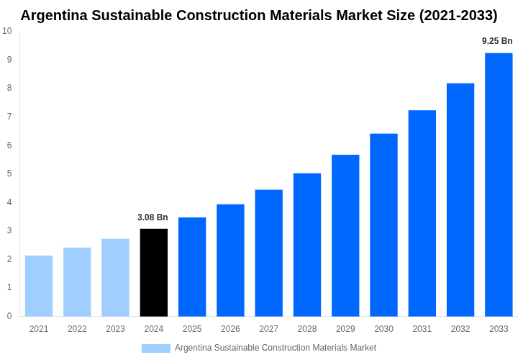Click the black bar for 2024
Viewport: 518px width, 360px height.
pyautogui.click(x=153, y=272)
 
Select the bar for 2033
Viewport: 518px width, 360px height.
pyautogui.click(x=499, y=184)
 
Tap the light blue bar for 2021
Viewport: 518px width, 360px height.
pyautogui.click(x=39, y=286)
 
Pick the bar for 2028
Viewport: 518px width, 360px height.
pyautogui.click(x=307, y=245)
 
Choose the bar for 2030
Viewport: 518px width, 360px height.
pyautogui.click(x=383, y=225)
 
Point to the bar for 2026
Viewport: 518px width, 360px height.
pyautogui.click(x=230, y=260)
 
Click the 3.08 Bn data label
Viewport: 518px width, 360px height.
pyautogui.click(x=153, y=217)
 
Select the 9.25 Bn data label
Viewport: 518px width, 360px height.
pyautogui.click(x=497, y=41)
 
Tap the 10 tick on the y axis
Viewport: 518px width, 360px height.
pyautogui.click(x=7, y=31)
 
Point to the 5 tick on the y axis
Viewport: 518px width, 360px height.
pyautogui.click(x=9, y=174)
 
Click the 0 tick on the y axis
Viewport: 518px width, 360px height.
pyautogui.click(x=9, y=316)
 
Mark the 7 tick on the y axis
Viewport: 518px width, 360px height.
pyautogui.click(x=9, y=117)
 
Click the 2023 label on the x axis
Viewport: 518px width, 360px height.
pyautogui.click(x=115, y=329)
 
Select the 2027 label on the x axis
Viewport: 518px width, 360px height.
pyautogui.click(x=268, y=329)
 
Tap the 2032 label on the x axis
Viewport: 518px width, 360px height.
pyautogui.click(x=460, y=329)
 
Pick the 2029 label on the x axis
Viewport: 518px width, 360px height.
pyautogui.click(x=345, y=329)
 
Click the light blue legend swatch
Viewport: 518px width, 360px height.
pyautogui.click(x=155, y=348)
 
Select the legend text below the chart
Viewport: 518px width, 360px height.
pyautogui.click(x=275, y=348)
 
